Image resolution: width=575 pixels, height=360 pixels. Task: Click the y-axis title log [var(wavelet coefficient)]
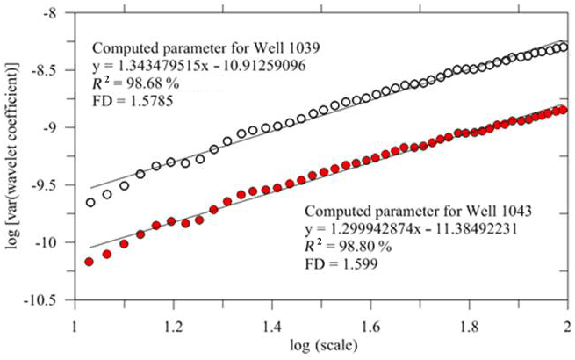pyautogui.click(x=12, y=158)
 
